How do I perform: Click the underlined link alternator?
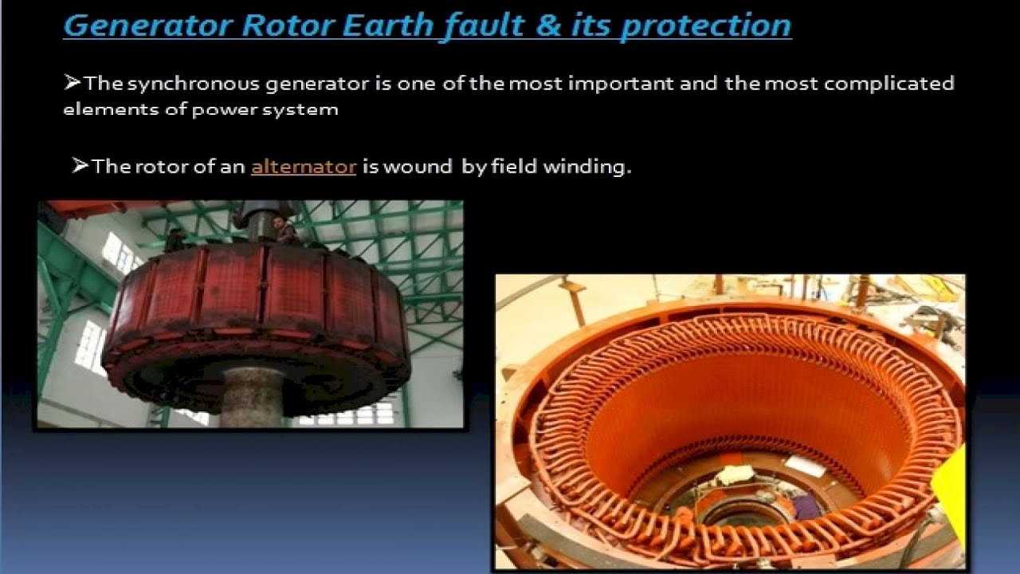(304, 167)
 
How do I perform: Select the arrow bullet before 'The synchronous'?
(73, 82)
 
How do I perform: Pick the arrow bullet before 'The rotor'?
(80, 166)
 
